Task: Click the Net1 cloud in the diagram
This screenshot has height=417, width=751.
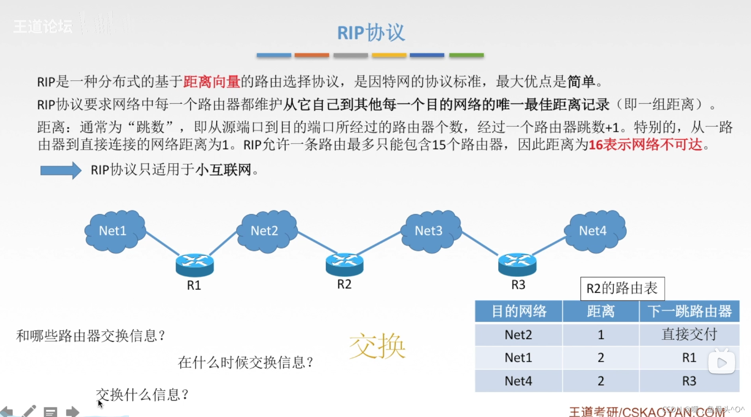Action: (114, 231)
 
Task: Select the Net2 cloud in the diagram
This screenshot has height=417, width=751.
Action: (266, 231)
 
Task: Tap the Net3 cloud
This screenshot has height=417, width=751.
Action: (430, 231)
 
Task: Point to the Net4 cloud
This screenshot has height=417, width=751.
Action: (594, 231)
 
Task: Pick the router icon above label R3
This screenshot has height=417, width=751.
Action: (517, 264)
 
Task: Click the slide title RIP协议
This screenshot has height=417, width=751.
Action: (371, 32)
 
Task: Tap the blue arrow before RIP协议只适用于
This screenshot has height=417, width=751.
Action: (61, 171)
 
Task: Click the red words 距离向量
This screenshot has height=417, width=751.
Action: (212, 82)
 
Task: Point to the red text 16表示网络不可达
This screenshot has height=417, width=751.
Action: (645, 145)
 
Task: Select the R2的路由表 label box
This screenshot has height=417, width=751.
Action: (622, 288)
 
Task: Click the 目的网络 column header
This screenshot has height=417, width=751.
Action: (518, 311)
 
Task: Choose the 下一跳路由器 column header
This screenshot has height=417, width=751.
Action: (689, 311)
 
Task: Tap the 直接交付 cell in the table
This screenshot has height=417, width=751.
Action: (689, 335)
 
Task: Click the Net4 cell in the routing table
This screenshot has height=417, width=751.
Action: (518, 381)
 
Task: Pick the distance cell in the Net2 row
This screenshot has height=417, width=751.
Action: (601, 335)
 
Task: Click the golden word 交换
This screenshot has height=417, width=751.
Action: (377, 346)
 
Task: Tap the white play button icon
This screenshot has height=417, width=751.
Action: (721, 362)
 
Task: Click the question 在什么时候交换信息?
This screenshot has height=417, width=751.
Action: (246, 362)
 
